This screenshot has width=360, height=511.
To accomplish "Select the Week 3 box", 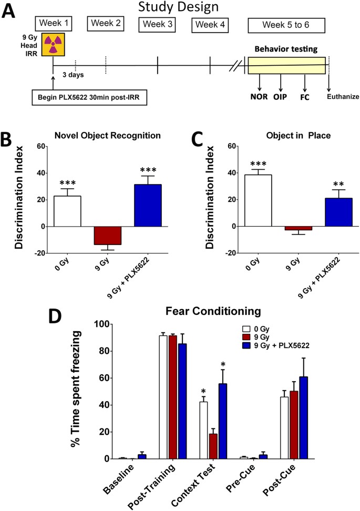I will pos(157,25).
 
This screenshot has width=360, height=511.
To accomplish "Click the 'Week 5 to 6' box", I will pos(286,25).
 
